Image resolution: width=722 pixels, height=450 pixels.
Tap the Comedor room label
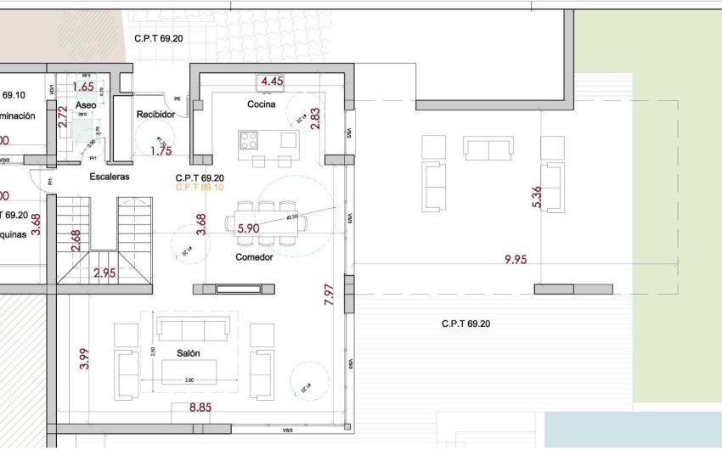(x=254, y=257)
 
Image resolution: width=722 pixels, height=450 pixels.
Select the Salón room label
(x=189, y=352)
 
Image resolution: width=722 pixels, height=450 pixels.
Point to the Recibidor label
(x=155, y=115)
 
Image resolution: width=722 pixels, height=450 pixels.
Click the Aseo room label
(x=86, y=104)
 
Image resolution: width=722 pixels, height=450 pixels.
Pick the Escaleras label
(x=110, y=177)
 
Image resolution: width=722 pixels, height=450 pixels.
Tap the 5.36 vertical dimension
(x=535, y=197)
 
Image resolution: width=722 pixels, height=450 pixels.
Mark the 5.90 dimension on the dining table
(x=248, y=228)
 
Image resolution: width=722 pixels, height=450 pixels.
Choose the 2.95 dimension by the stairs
(x=104, y=273)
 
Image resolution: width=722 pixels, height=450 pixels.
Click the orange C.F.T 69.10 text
(x=199, y=188)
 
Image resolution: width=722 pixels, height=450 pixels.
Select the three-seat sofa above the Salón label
(x=192, y=329)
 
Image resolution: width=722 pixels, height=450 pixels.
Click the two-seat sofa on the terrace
(x=488, y=148)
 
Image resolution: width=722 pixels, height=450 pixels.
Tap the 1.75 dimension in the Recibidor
(x=161, y=151)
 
